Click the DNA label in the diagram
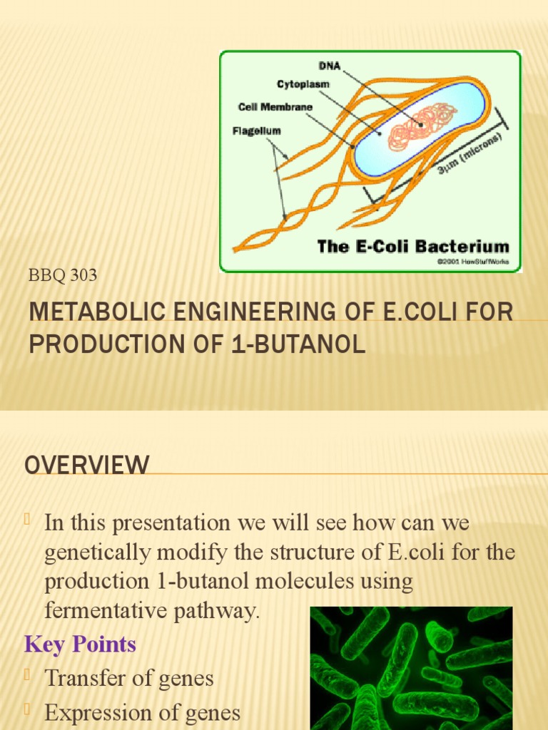(331, 66)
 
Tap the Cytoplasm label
(303, 84)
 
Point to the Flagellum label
(257, 131)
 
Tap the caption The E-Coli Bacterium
(413, 247)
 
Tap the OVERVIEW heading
(87, 466)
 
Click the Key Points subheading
(81, 644)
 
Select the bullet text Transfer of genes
(129, 678)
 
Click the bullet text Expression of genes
(142, 712)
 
